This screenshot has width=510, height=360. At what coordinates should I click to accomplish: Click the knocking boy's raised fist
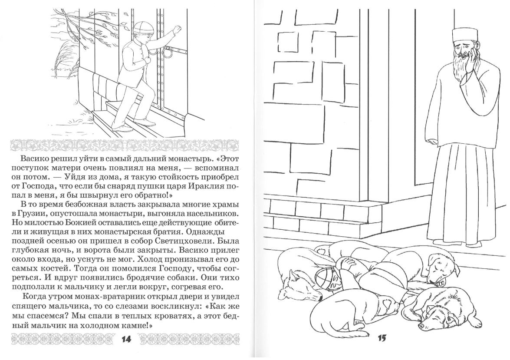pos(177,31)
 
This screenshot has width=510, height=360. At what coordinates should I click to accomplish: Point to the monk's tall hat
pos(461,35)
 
